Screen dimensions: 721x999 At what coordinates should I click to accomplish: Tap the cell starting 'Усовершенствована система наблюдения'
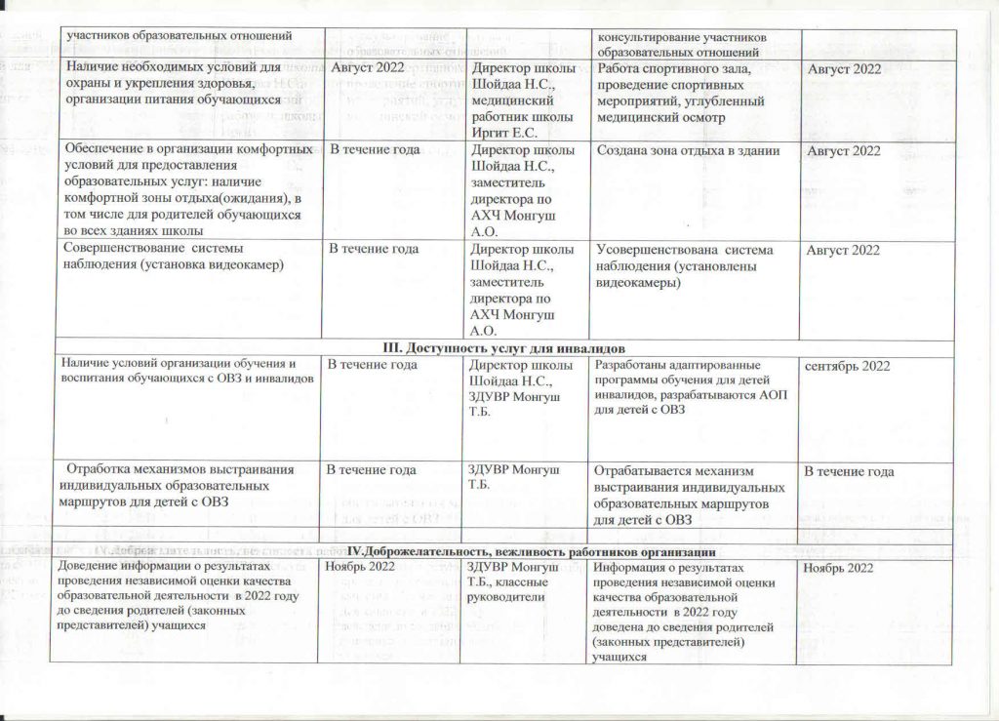(x=687, y=265)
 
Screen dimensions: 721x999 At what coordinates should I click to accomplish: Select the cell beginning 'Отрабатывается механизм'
(x=689, y=495)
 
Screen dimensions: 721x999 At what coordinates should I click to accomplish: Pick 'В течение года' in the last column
(x=848, y=472)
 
